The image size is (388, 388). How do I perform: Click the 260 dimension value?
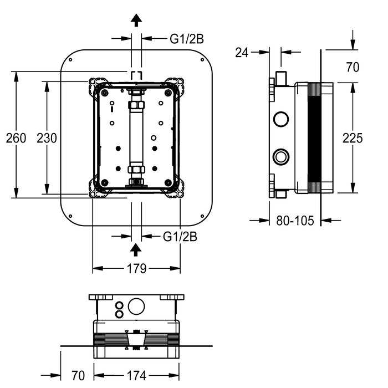point(16,138)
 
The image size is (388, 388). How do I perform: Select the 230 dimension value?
point(47,138)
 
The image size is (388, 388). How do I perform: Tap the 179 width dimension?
point(136,268)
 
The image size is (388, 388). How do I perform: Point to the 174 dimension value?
point(136,376)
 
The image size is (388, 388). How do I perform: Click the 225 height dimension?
point(353,138)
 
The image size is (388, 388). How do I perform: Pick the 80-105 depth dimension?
point(295,220)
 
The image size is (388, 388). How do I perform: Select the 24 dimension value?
point(242,53)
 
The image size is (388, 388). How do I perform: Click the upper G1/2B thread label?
point(187,39)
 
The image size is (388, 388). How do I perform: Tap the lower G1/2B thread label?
point(180,237)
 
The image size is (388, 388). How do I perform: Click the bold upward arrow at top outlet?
point(136,21)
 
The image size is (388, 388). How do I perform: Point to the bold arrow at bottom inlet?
point(136,250)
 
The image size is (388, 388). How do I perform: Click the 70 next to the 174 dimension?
point(78,376)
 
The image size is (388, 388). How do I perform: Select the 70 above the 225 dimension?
point(353,67)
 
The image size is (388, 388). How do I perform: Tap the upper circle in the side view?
point(281,119)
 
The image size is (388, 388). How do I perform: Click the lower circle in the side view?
point(281,156)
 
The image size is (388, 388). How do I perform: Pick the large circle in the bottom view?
point(136,307)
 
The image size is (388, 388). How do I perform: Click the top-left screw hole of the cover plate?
point(70,60)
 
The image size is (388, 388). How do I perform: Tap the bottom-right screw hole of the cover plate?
point(202,216)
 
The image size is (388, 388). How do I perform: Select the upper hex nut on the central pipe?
point(136,104)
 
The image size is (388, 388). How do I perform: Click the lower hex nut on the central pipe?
point(136,170)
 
